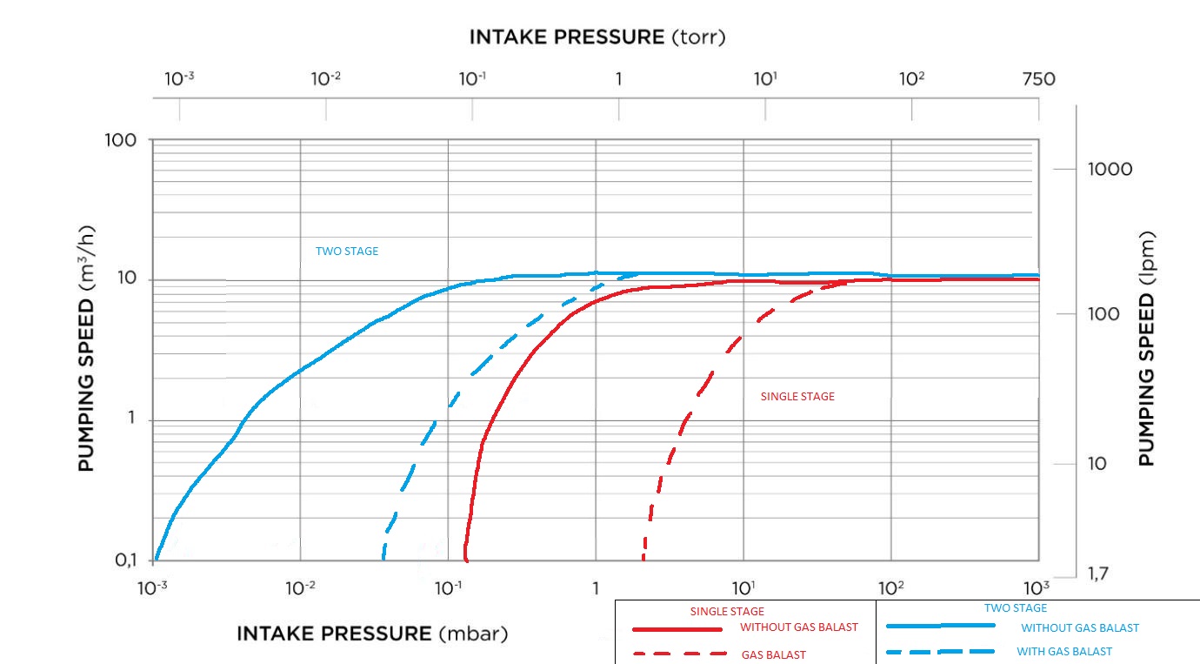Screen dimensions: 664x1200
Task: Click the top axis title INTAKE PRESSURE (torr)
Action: [x=597, y=37]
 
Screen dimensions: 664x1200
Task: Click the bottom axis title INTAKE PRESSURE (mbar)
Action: [x=372, y=633]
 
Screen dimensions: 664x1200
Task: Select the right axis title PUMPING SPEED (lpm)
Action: [x=1147, y=348]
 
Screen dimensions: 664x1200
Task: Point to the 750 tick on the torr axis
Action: [x=1038, y=79]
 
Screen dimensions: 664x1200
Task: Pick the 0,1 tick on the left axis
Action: [x=126, y=560]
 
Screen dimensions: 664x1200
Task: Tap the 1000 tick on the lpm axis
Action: [x=1110, y=169]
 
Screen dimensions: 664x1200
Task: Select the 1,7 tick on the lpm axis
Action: [x=1102, y=573]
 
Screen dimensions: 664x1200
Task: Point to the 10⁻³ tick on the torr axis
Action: [x=179, y=79]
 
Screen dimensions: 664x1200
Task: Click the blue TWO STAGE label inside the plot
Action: [x=347, y=252]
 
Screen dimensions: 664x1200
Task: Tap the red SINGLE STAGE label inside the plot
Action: [x=797, y=397]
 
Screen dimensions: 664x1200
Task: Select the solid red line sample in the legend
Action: [x=677, y=628]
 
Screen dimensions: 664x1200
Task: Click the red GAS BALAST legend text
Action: [x=773, y=654]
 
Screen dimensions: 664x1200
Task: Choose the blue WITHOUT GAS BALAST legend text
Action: [x=1079, y=627]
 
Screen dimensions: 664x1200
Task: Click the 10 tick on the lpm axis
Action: [x=1097, y=463]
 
